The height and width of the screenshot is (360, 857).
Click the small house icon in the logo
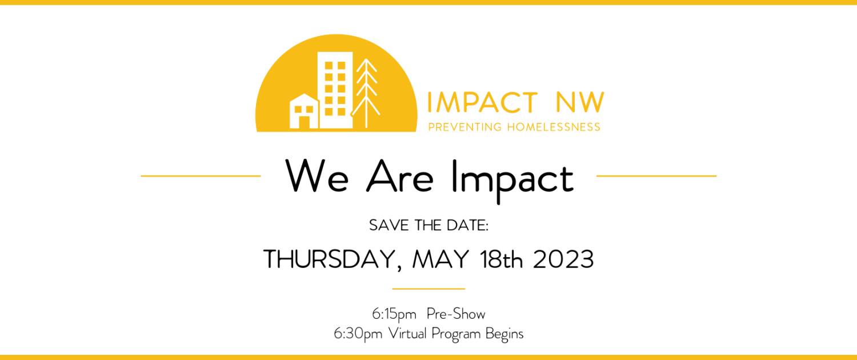pyautogui.click(x=304, y=111)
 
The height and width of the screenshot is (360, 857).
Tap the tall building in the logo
pyautogui.click(x=335, y=90)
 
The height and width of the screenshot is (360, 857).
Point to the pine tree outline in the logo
pyautogui.click(x=366, y=93)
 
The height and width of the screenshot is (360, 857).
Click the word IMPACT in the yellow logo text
pyautogui.click(x=482, y=102)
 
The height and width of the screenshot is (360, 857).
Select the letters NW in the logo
pyautogui.click(x=580, y=102)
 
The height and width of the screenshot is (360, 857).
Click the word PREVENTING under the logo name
pyautogui.click(x=465, y=127)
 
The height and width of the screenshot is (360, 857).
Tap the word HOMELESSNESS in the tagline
pyautogui.click(x=554, y=127)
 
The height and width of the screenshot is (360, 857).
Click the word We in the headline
pyautogui.click(x=317, y=176)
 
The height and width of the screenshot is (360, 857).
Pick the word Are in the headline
pyautogui.click(x=400, y=176)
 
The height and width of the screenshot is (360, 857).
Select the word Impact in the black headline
pyautogui.click(x=512, y=181)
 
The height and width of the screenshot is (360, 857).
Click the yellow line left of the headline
pyautogui.click(x=201, y=176)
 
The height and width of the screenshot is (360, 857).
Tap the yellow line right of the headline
pyautogui.click(x=656, y=176)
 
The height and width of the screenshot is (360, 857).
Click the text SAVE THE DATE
pyautogui.click(x=428, y=225)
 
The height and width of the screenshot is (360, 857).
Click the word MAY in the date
pyautogui.click(x=440, y=259)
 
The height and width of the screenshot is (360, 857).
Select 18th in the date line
pyautogui.click(x=502, y=259)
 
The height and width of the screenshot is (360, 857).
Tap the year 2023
pyautogui.click(x=563, y=259)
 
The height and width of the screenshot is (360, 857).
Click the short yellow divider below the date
pyautogui.click(x=428, y=289)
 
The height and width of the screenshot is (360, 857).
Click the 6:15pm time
pyautogui.click(x=394, y=314)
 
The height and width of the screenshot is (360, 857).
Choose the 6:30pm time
pyautogui.click(x=358, y=334)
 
